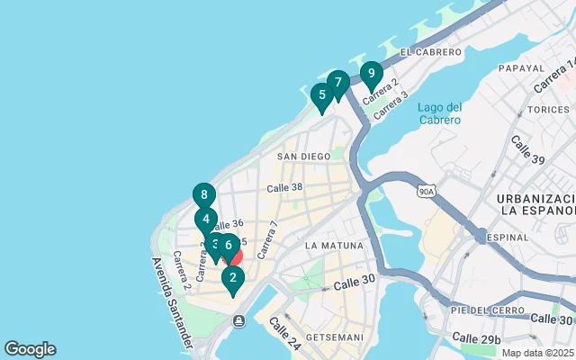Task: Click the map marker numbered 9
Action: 371,75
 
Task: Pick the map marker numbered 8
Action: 204,195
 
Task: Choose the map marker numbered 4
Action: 206,219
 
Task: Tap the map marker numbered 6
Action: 229,245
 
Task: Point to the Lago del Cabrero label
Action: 439,113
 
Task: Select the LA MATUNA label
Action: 334,245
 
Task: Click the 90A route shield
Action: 427,191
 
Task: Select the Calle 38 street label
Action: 284,187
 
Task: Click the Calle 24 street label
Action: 283,334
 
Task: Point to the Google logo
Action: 30,349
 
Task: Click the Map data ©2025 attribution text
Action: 537,353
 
